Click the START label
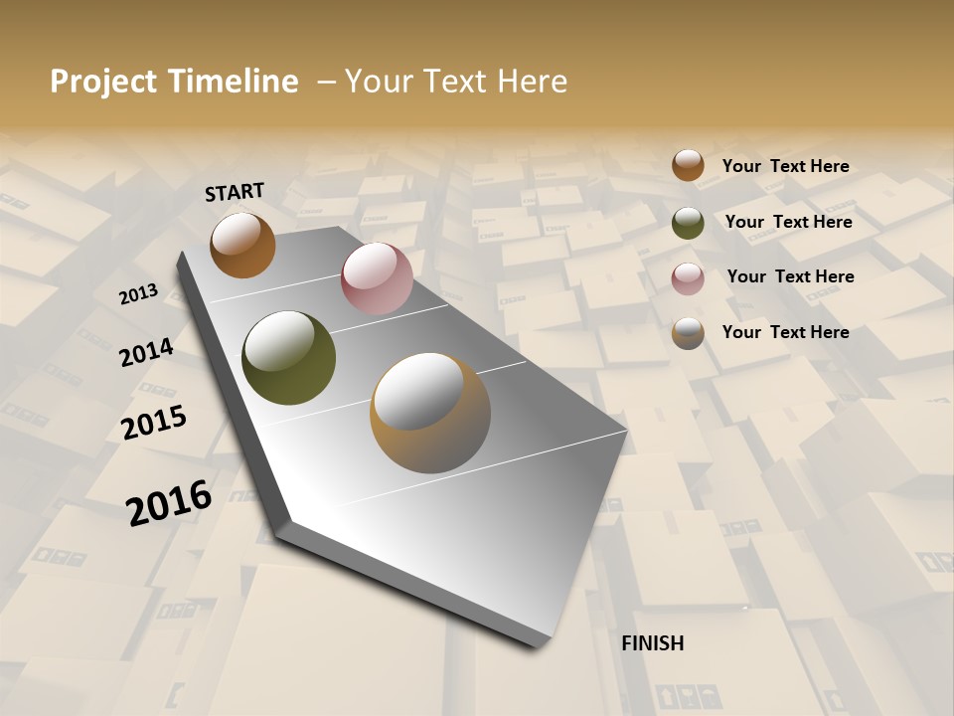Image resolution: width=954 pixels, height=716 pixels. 235,192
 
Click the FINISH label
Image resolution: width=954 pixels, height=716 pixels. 652,643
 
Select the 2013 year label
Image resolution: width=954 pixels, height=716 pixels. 138,294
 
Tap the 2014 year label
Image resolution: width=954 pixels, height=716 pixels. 146,352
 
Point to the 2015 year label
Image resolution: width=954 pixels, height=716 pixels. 154,423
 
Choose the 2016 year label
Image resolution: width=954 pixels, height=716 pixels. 169,502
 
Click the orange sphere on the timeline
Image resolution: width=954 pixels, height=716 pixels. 242,245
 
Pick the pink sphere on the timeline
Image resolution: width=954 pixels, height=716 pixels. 377,278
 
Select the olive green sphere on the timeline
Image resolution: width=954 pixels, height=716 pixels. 289,358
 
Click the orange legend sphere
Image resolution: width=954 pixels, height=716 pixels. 688,165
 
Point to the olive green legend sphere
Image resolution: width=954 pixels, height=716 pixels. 688,223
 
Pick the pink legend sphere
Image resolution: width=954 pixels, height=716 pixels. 688,278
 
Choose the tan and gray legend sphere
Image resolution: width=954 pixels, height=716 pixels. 688,333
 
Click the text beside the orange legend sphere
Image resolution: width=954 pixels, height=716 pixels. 785,166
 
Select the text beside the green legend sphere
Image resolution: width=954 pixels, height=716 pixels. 788,222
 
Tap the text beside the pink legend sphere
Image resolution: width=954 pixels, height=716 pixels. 790,276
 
